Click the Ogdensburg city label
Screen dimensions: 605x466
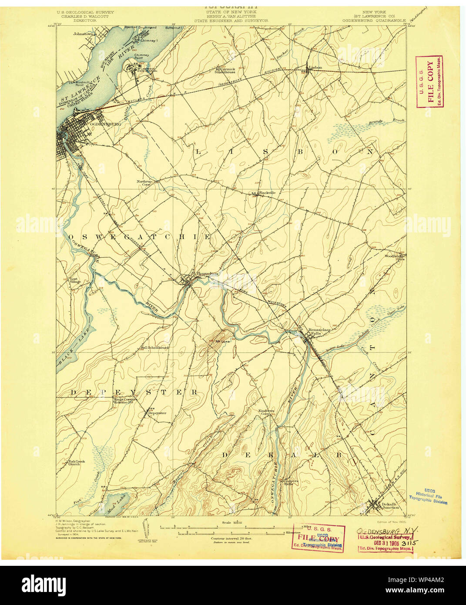(x=104, y=124)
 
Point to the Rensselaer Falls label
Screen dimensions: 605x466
(x=320, y=331)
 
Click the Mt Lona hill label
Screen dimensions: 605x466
(x=222, y=341)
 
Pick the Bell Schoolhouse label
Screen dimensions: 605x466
(x=154, y=348)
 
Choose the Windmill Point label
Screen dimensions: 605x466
(x=81, y=84)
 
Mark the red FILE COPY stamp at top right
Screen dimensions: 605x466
(x=429, y=82)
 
